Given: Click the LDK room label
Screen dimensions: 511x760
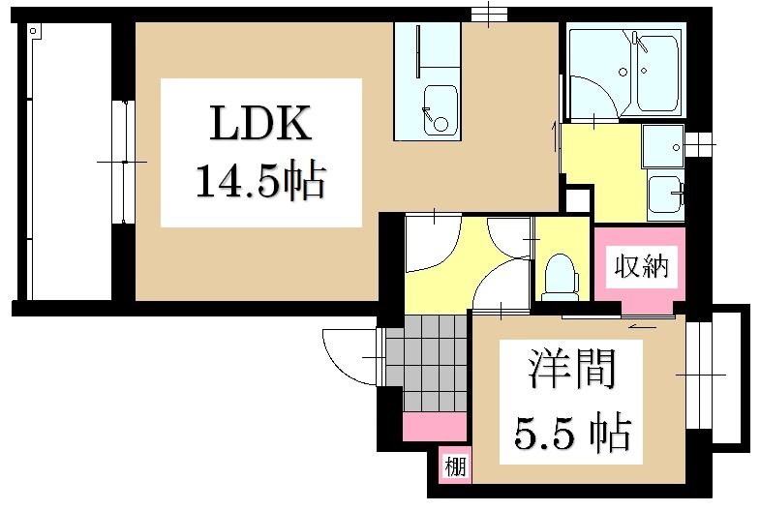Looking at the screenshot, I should coord(260,125).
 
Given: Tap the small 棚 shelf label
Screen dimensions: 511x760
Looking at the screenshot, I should coord(455,467).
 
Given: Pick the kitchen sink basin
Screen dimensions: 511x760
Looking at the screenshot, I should coord(441,107).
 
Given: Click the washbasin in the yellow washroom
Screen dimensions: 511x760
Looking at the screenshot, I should coord(665,198).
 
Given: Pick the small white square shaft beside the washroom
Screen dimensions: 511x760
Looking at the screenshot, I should coord(576,199).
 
